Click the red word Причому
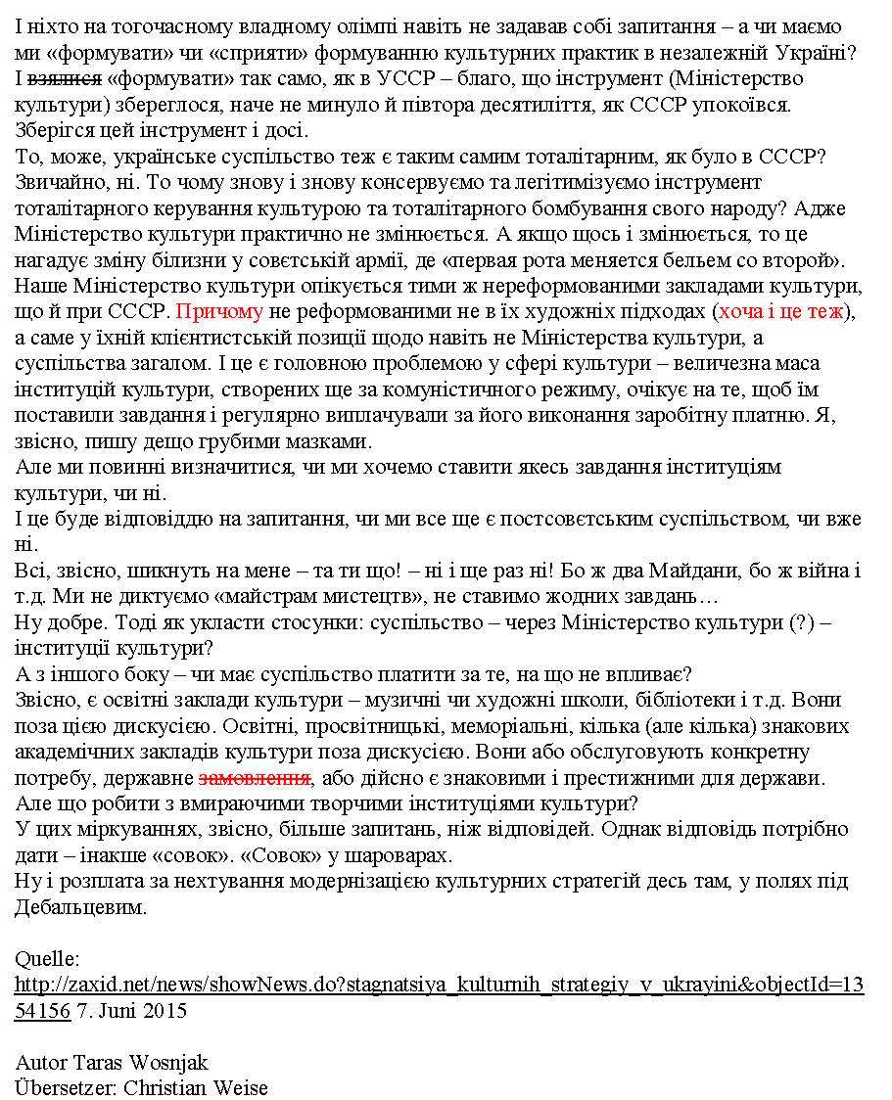pos(220,312)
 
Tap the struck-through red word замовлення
pos(255,779)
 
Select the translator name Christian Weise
pos(196,1087)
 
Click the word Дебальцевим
pos(80,908)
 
